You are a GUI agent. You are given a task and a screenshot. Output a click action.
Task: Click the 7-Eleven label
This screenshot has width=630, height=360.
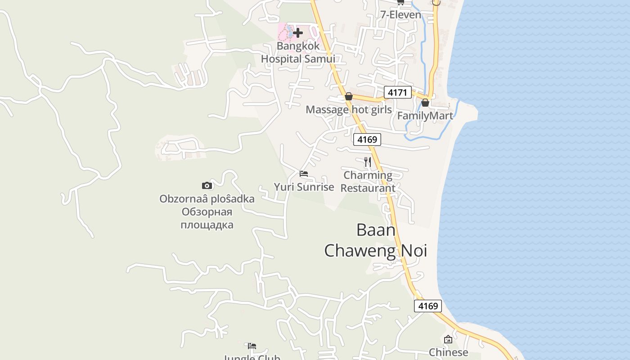click(400, 15)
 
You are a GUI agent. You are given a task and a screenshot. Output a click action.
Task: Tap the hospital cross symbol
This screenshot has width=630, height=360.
click(297, 32)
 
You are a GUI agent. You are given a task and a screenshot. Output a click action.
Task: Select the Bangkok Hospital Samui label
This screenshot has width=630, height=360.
click(298, 52)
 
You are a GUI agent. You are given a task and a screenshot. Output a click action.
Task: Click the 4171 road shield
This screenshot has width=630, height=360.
click(398, 93)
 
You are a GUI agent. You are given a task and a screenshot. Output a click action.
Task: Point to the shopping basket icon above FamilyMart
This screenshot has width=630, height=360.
click(425, 103)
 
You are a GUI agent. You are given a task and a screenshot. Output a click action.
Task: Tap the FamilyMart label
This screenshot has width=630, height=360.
click(425, 116)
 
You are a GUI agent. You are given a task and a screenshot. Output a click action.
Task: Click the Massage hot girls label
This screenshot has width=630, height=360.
click(348, 109)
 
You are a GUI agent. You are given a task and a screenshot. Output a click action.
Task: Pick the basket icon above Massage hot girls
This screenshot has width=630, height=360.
click(348, 96)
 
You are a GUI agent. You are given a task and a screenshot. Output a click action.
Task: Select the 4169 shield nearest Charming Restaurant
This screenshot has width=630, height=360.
click(367, 139)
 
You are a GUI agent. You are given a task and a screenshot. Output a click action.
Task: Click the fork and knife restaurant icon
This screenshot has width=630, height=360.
click(368, 162)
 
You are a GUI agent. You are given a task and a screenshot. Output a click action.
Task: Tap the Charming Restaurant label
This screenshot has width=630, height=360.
click(368, 181)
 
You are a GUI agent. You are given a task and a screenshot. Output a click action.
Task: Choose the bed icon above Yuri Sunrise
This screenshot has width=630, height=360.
click(304, 174)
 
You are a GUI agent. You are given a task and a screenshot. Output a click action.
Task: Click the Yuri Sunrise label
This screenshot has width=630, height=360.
click(304, 187)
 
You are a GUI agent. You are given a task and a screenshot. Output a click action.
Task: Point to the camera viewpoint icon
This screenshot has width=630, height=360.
click(207, 185)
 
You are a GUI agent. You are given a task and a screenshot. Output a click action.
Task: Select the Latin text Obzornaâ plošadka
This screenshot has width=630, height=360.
click(207, 199)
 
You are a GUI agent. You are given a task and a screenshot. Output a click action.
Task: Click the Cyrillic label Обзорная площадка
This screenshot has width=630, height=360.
click(207, 218)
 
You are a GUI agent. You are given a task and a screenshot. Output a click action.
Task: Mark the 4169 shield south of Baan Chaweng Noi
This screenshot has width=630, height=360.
click(427, 306)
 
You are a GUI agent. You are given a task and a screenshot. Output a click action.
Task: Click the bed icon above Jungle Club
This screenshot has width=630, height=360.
click(252, 346)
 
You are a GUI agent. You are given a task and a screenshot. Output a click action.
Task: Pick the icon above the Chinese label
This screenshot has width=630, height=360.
click(448, 339)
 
